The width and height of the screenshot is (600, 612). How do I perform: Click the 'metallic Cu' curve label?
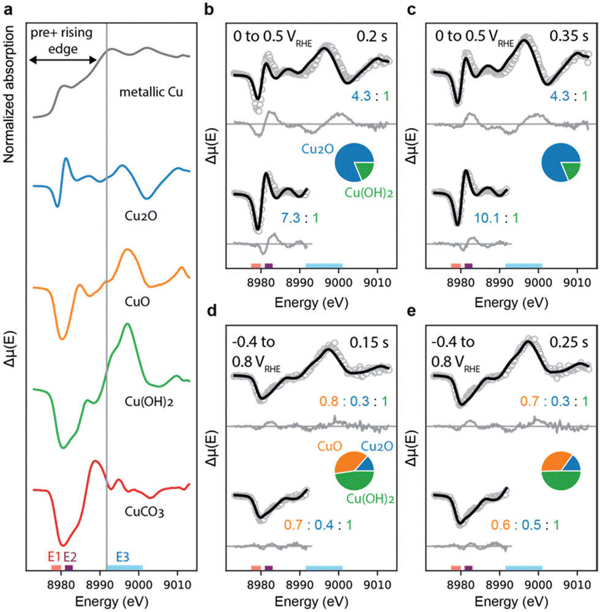point(152,93)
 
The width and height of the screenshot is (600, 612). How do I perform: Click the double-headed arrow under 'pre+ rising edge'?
point(64,59)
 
